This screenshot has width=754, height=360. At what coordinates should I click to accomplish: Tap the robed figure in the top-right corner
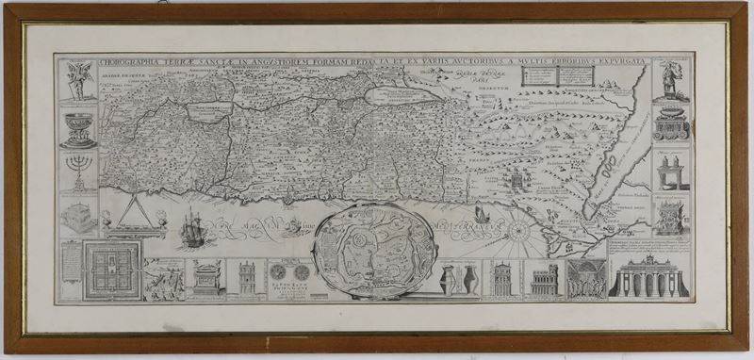coord(670,81)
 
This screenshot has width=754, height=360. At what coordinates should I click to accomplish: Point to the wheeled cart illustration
coord(670,123)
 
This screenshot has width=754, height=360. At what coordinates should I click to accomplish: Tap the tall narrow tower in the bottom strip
coord(246,279)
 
